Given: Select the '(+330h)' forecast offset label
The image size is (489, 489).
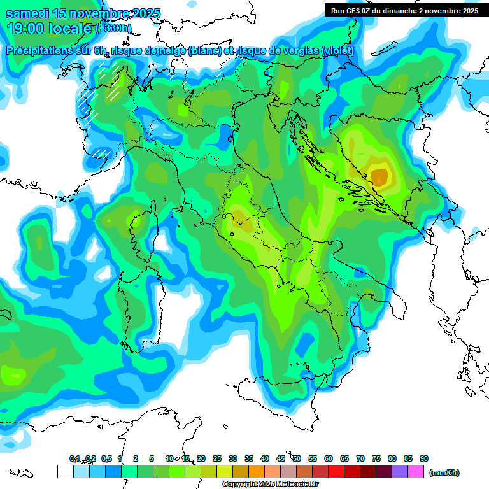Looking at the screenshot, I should pyautogui.click(x=114, y=29).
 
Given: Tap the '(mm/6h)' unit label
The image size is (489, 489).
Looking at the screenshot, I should pyautogui.click(x=444, y=472).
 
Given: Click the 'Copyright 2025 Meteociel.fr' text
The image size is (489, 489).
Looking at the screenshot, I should pyautogui.click(x=270, y=485).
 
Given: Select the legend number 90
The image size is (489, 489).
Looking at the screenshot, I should pyautogui.click(x=424, y=458).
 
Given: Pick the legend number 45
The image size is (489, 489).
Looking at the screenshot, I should pyautogui.click(x=281, y=458).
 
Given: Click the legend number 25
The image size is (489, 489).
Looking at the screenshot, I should pyautogui.click(x=217, y=458).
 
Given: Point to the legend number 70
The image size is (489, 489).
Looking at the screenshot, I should pyautogui.click(x=360, y=458).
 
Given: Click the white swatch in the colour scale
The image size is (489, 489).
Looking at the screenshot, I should pyautogui.click(x=65, y=472).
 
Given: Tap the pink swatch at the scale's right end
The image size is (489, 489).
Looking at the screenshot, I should pyautogui.click(x=416, y=472).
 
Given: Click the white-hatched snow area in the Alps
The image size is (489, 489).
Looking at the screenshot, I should pyautogui.click(x=113, y=80).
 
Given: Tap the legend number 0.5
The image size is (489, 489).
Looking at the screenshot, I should pyautogui.click(x=106, y=458).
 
